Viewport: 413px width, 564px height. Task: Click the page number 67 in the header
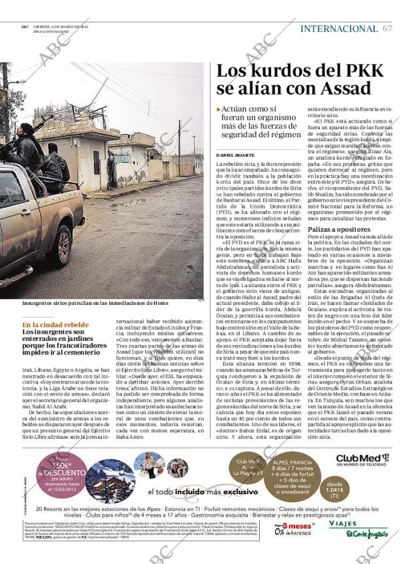[388, 29]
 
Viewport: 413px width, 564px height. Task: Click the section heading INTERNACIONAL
[339, 29]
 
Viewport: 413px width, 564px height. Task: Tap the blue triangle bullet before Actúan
[219, 109]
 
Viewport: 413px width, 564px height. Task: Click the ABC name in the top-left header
[24, 26]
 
